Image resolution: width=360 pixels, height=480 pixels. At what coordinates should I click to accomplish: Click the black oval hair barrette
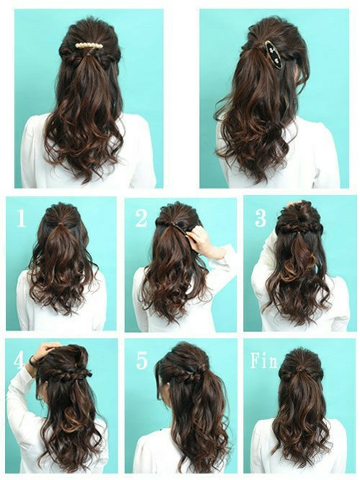[273, 56]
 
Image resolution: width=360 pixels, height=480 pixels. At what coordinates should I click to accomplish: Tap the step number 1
[21, 218]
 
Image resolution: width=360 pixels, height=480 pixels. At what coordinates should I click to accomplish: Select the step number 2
[141, 218]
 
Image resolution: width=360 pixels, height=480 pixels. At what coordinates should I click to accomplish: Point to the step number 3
[260, 218]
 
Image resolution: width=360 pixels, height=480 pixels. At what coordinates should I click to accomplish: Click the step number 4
[18, 361]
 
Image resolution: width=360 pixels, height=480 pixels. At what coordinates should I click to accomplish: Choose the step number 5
[141, 360]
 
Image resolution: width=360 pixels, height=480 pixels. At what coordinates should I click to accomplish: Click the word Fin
[263, 361]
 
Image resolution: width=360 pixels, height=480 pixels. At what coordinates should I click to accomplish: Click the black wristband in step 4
[32, 361]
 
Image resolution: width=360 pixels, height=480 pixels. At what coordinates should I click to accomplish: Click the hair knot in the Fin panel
[302, 370]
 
